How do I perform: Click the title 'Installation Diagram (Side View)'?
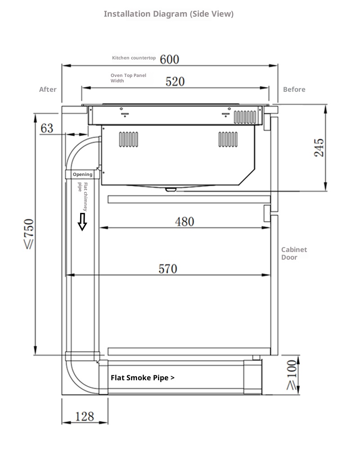click(169, 14)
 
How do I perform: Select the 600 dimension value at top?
click(169, 59)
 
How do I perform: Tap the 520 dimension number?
click(175, 81)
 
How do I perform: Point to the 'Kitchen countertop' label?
click(134, 58)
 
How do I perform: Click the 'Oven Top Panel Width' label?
click(128, 78)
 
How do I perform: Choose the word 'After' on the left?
click(48, 90)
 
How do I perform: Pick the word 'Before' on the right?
click(294, 90)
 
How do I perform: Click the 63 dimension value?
click(47, 129)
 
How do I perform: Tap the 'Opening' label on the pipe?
click(82, 175)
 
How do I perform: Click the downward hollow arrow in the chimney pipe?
click(82, 221)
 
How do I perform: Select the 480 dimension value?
click(184, 221)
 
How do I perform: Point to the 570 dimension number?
click(168, 269)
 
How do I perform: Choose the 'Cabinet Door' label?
click(294, 253)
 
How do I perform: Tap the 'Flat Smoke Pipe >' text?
click(143, 378)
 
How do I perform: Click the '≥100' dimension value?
click(292, 374)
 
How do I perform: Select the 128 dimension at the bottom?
click(85, 417)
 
